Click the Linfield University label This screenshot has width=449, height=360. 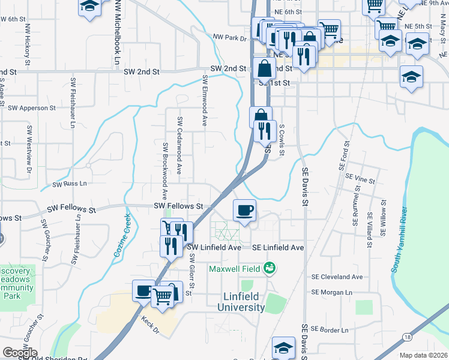click(x=236, y=302)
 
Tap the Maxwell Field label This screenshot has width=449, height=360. click(x=235, y=268)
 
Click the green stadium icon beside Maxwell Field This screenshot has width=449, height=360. click(x=270, y=268)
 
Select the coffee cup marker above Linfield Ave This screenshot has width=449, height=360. click(x=244, y=211)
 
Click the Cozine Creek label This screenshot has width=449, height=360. click(x=121, y=236)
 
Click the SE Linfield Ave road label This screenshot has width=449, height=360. click(x=278, y=247)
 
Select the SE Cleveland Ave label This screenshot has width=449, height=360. click(x=337, y=277)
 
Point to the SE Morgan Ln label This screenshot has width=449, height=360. click(x=331, y=292)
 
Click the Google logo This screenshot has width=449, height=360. click(x=19, y=353)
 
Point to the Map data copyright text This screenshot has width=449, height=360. click(x=423, y=355)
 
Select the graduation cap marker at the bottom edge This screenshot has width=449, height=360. click(x=283, y=349)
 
